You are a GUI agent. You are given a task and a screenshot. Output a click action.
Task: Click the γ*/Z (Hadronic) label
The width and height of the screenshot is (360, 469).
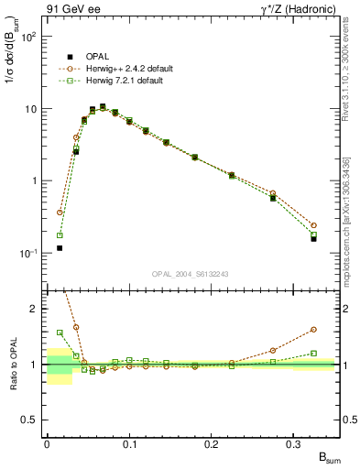tap(290, 10)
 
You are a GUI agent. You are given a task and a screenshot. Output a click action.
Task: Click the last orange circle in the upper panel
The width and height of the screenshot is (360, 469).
tap(313, 225)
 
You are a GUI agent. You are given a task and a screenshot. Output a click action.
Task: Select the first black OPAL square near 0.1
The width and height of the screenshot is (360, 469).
tap(60, 247)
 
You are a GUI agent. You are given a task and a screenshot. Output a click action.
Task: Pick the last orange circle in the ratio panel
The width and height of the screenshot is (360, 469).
tap(313, 330)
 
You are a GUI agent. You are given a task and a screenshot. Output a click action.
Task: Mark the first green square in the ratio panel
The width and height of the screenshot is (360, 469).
tap(60, 333)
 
